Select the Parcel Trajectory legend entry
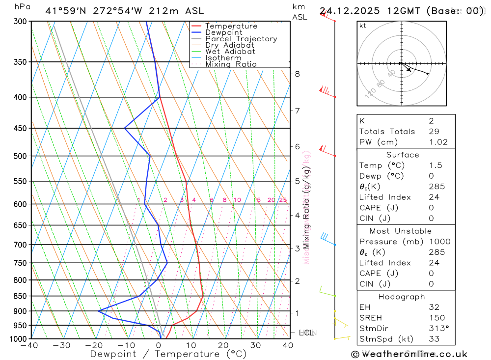click(x=241, y=39)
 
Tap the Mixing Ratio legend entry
click(x=231, y=64)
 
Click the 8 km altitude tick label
click(x=297, y=74)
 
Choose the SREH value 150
click(x=435, y=318)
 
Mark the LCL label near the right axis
click(x=306, y=332)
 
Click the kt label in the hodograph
click(x=363, y=26)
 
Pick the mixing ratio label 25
click(x=283, y=200)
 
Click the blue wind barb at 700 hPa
click(x=326, y=238)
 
